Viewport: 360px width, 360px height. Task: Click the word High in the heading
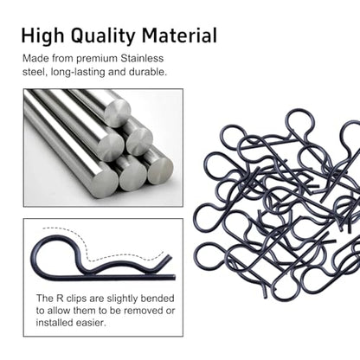click(x=42, y=36)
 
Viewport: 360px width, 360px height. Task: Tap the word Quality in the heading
click(x=103, y=37)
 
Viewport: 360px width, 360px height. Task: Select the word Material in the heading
click(x=179, y=35)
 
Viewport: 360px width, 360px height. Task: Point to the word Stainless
click(x=142, y=58)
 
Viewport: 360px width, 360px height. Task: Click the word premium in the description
click(x=97, y=59)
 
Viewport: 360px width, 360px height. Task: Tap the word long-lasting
click(x=78, y=72)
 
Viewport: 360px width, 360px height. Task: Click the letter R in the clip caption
click(x=59, y=298)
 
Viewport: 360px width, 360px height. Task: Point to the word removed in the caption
click(x=143, y=311)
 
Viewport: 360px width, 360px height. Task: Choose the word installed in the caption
click(x=55, y=323)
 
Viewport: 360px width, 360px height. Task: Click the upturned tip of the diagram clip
click(x=170, y=256)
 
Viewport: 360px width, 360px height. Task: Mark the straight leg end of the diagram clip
click(x=174, y=278)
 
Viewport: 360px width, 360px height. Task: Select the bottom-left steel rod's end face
click(x=105, y=179)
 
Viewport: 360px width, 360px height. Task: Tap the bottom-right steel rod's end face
click(x=160, y=170)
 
